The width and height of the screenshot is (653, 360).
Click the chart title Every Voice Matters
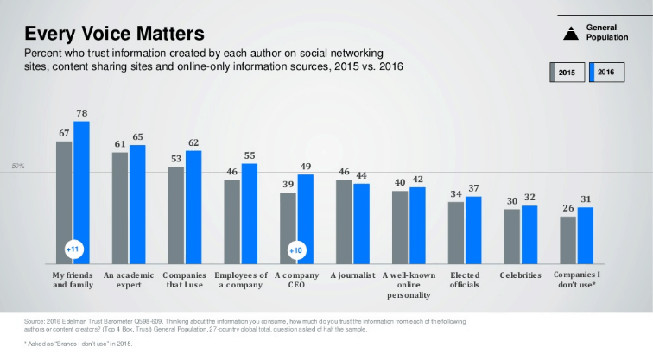pos(114,34)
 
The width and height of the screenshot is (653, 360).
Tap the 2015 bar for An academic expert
pos(120,207)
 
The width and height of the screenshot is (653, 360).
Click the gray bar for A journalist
pos(344,222)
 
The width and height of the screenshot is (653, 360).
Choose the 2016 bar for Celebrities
pos(529,234)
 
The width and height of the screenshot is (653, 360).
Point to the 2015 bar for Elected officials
pos(455,232)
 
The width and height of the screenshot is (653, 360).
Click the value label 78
pos(81,113)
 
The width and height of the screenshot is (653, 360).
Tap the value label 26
pos(567,208)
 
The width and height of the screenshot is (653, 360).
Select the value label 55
pos(249,155)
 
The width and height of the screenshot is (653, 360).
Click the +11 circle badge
pos(73,249)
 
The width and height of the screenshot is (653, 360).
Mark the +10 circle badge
pos(296,249)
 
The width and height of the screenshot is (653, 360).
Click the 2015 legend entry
pos(567,73)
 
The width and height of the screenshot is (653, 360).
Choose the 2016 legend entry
pos(606,73)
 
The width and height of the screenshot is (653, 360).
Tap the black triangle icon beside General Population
pos(570,34)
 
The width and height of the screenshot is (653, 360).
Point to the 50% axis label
pos(16,166)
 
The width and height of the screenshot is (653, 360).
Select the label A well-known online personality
pos(408,285)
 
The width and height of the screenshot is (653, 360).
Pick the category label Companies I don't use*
pos(575,280)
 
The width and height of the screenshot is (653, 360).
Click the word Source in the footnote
pos(35,321)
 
